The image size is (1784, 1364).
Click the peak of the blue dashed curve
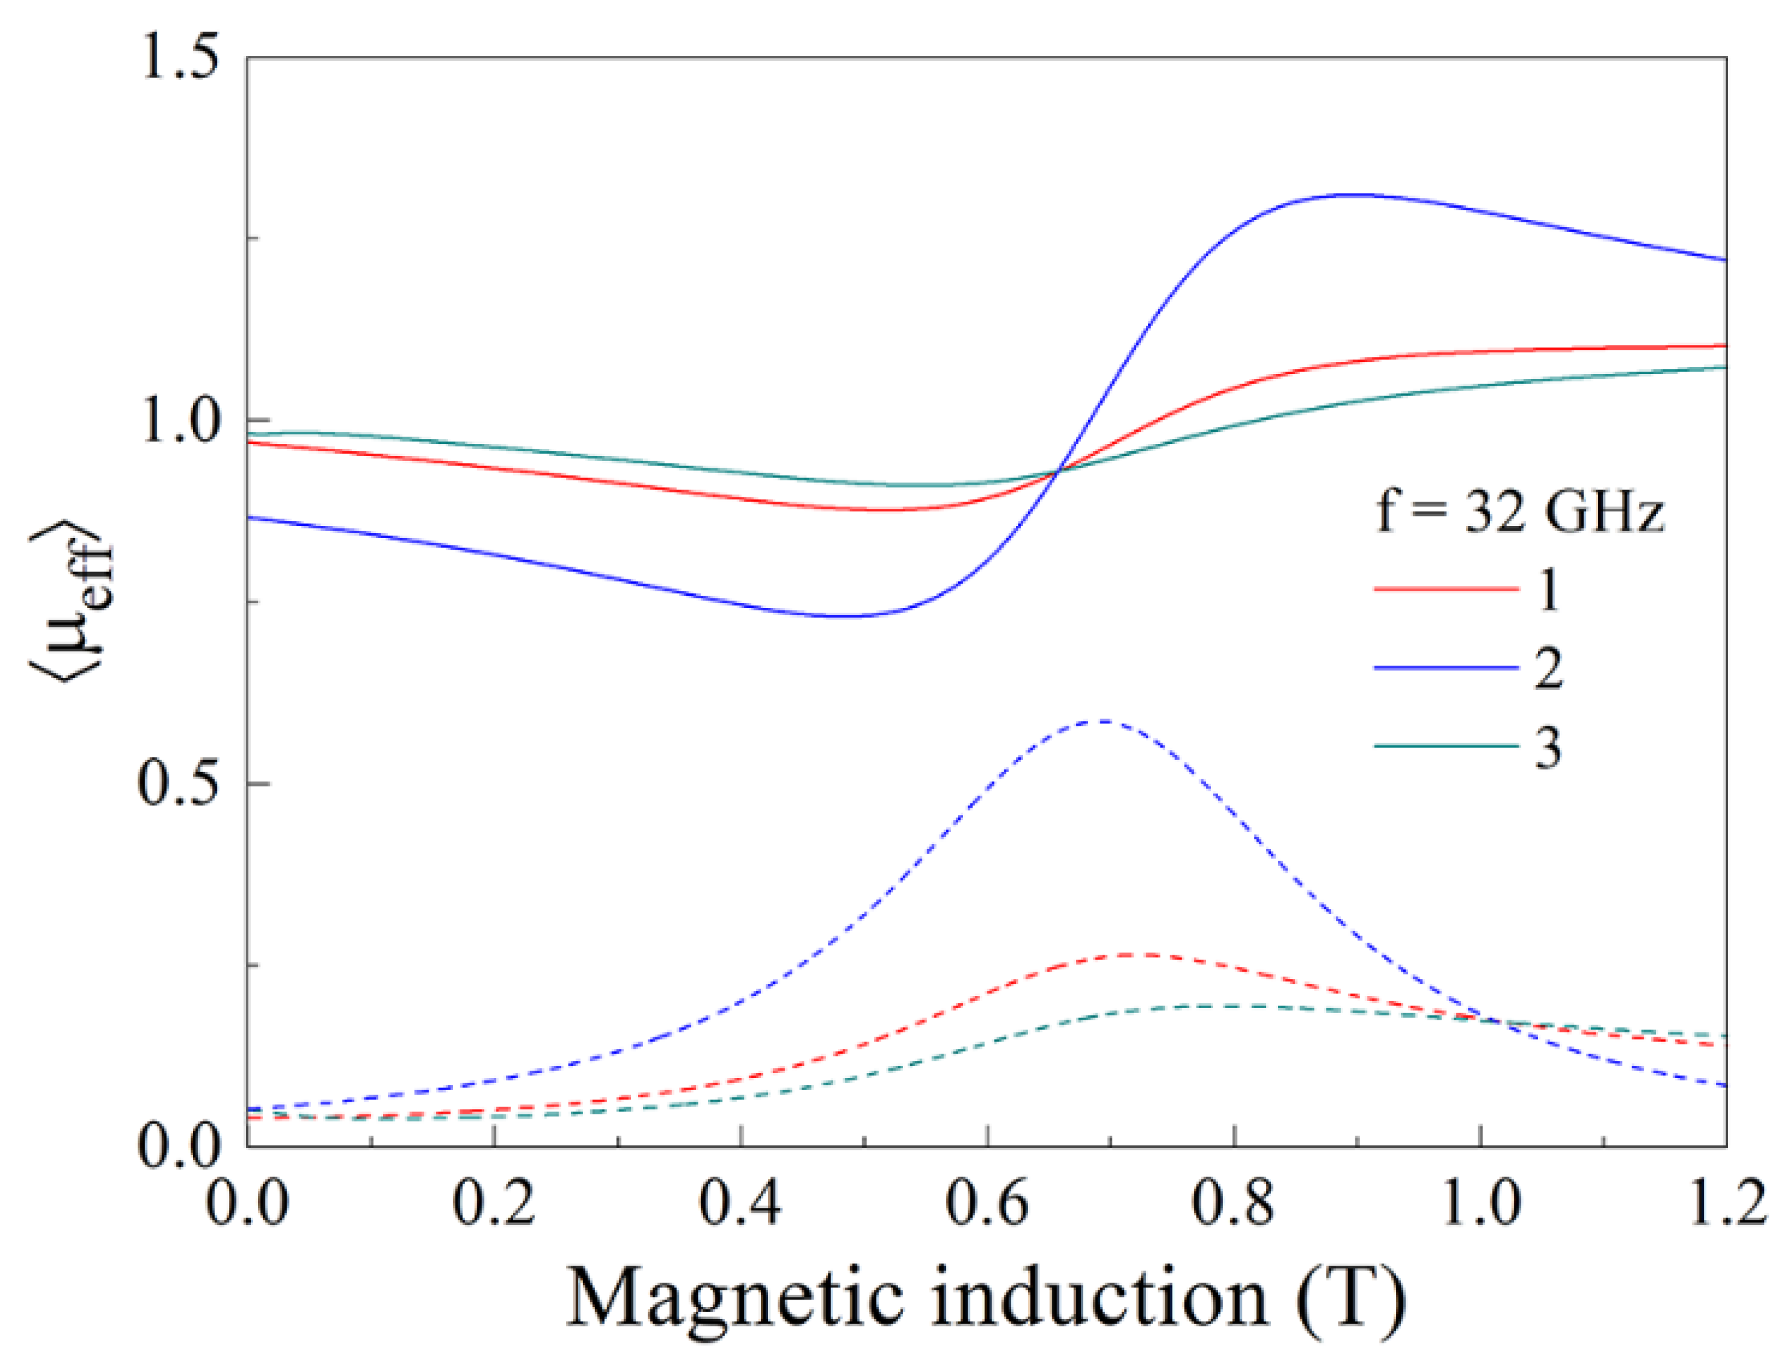tap(1101, 721)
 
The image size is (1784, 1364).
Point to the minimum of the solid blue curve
tap(844, 615)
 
